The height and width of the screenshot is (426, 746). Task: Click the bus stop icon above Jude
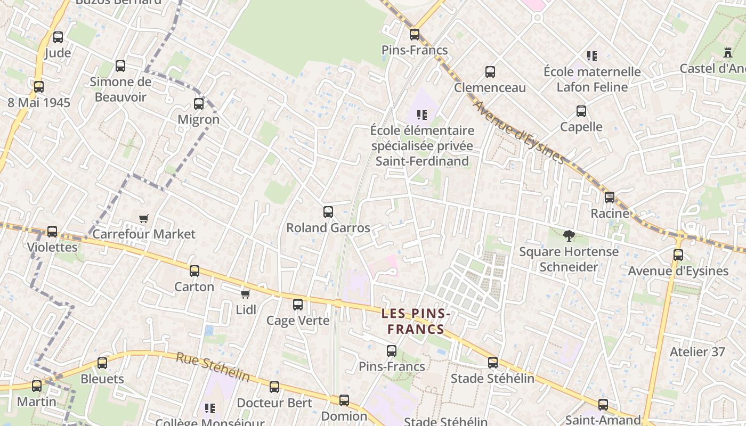[x=58, y=37]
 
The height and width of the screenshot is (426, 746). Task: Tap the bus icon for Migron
[x=199, y=104]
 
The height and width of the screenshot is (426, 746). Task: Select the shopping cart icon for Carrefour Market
[x=143, y=218]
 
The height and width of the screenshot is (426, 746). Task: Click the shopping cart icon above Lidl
[x=245, y=294]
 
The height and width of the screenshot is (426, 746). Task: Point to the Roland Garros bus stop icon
[x=328, y=212]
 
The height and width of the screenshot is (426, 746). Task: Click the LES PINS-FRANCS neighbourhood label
[x=416, y=322]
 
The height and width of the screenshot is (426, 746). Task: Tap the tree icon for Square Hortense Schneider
[x=569, y=235]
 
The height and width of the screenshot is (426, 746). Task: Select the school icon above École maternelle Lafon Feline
[x=592, y=55]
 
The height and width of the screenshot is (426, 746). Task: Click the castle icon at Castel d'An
[x=727, y=52]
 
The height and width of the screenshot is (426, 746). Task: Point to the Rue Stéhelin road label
[x=213, y=367]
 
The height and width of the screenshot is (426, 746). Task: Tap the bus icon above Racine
[x=610, y=198]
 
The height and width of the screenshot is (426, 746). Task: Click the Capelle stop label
[x=581, y=127]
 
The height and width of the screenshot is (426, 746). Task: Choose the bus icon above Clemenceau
[x=490, y=72]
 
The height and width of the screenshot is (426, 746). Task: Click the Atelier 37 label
[x=697, y=351]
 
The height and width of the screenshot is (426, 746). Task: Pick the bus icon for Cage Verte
[x=298, y=305]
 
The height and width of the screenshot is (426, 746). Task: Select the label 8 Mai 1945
[x=39, y=102]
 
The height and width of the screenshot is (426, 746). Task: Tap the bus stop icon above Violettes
[x=52, y=232]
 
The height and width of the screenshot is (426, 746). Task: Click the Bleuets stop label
[x=102, y=379]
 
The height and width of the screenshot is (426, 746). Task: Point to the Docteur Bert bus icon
[x=274, y=387]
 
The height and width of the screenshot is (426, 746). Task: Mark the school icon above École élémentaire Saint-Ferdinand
[x=422, y=114]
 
